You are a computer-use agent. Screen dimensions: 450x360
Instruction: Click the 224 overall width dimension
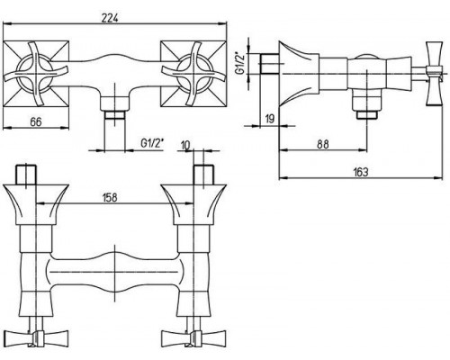[110, 19]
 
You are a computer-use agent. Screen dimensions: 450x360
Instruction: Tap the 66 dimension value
[36, 122]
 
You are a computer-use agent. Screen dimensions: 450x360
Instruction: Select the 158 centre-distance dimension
[110, 198]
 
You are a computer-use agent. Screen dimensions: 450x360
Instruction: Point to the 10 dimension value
[185, 145]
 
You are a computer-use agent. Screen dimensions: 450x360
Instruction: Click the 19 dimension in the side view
[270, 119]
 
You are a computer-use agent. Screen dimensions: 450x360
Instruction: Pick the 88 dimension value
[323, 144]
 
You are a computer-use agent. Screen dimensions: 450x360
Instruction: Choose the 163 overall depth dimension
[361, 172]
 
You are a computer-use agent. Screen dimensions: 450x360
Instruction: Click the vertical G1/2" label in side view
[240, 64]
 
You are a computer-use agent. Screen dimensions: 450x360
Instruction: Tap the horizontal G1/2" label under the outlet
[153, 143]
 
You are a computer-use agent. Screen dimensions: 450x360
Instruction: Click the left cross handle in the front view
[35, 74]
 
